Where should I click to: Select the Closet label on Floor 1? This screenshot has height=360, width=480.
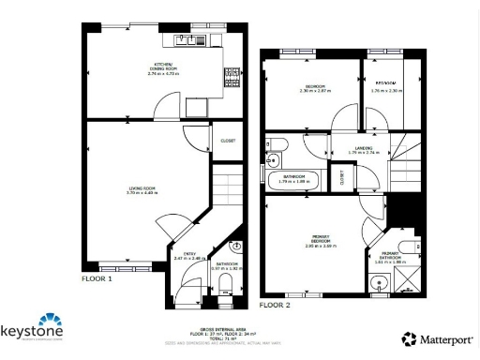coord(227,142)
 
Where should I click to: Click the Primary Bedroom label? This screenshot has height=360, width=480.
coord(321,238)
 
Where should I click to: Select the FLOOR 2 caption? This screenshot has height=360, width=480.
coord(275,305)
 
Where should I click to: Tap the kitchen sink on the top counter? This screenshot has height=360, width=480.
coord(208,40)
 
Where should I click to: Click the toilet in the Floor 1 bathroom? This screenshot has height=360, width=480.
coord(235,247)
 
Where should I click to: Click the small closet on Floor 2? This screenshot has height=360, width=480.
coord(343,174)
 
